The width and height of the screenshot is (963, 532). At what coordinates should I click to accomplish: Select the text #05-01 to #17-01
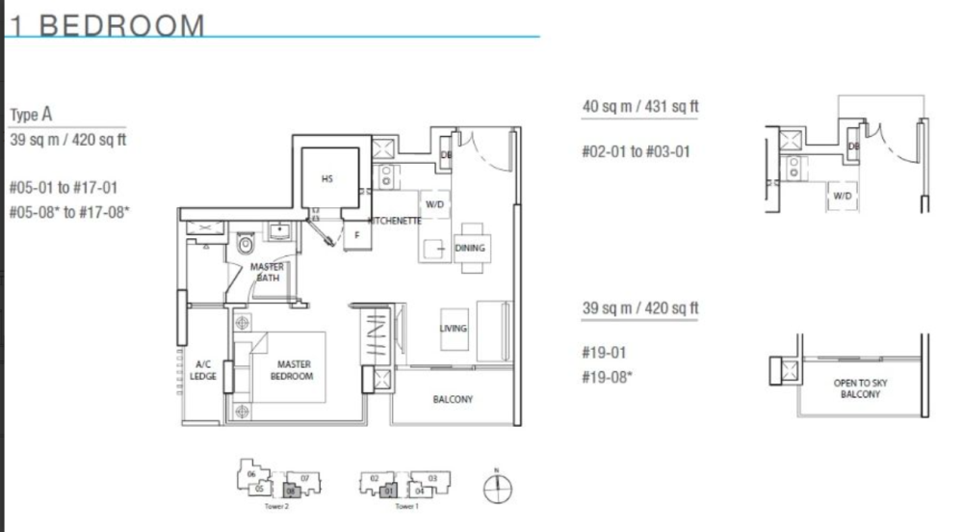(63, 187)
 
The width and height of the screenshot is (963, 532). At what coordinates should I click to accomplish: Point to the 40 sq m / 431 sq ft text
(640, 107)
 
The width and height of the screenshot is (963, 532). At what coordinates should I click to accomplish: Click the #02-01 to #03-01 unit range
(636, 152)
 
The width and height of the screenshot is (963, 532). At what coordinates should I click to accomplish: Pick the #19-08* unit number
(608, 376)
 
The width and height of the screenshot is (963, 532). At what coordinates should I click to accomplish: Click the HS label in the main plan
(326, 178)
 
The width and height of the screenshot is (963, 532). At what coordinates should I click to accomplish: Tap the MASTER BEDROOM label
(292, 370)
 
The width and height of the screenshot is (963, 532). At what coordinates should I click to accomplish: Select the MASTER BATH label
(267, 273)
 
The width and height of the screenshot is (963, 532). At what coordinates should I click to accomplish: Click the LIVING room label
(453, 329)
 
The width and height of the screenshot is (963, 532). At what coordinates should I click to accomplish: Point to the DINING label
(470, 249)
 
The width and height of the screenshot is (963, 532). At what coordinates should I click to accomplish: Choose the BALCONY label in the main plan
(453, 399)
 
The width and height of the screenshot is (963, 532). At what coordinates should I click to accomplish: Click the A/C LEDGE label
(203, 370)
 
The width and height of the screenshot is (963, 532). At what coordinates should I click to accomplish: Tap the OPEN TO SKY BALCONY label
(860, 389)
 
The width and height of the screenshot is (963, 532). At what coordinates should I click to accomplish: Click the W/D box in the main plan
(431, 204)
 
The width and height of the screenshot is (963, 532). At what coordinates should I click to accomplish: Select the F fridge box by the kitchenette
(355, 234)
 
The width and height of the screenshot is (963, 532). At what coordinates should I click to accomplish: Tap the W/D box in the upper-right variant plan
(843, 197)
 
